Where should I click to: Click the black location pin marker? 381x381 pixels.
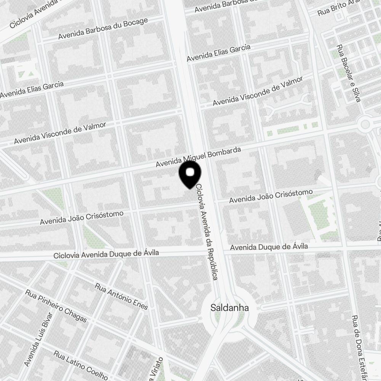pyautogui.click(x=190, y=174)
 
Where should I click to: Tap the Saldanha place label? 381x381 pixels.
pyautogui.click(x=230, y=308)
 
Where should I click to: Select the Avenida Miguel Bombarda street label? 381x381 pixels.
pyautogui.click(x=199, y=157)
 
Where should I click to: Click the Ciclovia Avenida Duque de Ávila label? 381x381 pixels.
pyautogui.click(x=106, y=254)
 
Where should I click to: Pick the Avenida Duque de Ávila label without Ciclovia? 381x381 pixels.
pyautogui.click(x=269, y=247)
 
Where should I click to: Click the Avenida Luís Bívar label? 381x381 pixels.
pyautogui.click(x=38, y=341)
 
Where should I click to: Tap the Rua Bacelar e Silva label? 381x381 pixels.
pyautogui.click(x=348, y=74)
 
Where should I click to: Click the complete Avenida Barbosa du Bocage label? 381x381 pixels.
pyautogui.click(x=103, y=29)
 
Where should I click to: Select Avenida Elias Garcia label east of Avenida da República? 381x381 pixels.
pyautogui.click(x=218, y=53)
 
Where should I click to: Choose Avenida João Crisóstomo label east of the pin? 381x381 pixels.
pyautogui.click(x=271, y=195)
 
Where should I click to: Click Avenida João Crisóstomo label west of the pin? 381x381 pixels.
pyautogui.click(x=82, y=217)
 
